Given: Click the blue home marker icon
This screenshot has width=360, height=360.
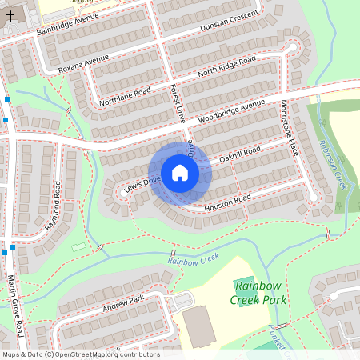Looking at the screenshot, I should click(x=180, y=173).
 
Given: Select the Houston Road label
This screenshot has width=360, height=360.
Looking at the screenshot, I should click(x=229, y=199).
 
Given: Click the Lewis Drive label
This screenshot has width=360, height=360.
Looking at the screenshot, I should click(x=142, y=182).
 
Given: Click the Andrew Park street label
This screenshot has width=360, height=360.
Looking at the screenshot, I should click(x=123, y=304).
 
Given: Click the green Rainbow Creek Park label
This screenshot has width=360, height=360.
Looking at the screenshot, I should click(x=258, y=292).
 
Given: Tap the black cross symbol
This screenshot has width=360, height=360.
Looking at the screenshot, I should click(x=10, y=14).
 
